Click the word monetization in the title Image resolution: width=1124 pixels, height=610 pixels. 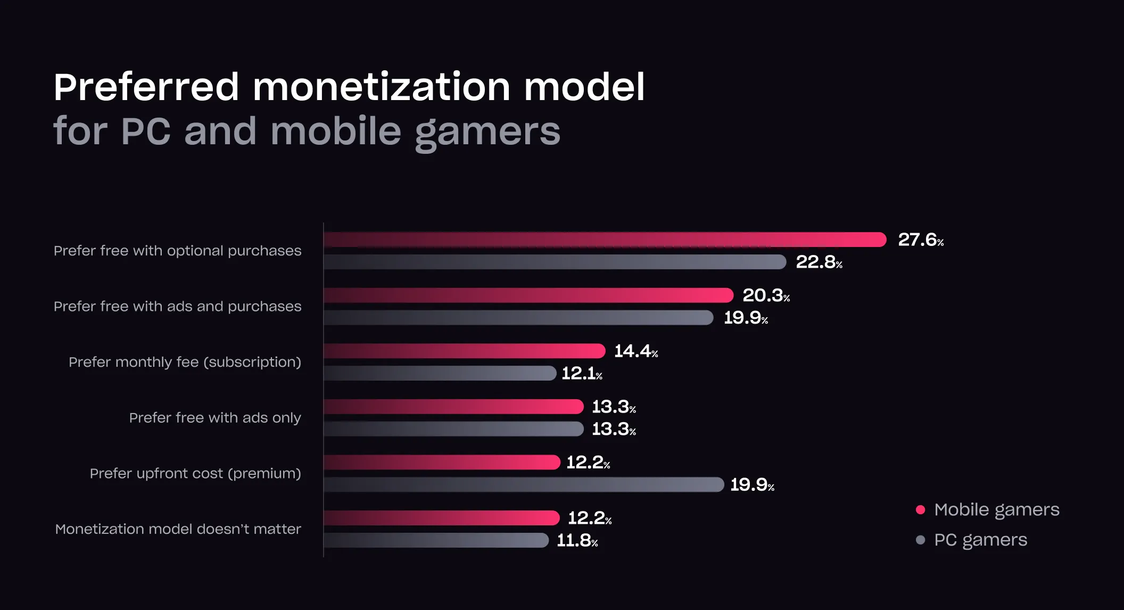(x=381, y=87)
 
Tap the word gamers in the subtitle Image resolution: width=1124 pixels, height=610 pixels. (x=487, y=132)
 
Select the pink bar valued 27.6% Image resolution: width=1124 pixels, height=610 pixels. (x=605, y=240)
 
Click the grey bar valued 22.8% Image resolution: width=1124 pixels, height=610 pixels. (x=555, y=262)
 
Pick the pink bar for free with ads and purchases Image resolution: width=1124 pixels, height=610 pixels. (x=528, y=295)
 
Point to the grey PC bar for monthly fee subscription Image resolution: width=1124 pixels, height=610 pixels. (x=440, y=373)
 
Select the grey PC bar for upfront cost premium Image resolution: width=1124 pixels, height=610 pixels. (x=524, y=484)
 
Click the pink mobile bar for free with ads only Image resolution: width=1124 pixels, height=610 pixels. (x=453, y=407)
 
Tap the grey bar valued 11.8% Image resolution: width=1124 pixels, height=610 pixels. (x=436, y=540)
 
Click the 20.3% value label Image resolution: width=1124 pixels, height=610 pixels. (x=766, y=295)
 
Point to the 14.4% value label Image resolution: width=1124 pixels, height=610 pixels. (x=636, y=351)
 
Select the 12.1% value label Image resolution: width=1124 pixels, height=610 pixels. (x=582, y=374)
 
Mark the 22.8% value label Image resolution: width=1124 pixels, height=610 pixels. (x=819, y=262)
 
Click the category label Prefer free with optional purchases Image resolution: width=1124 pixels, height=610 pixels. (x=177, y=251)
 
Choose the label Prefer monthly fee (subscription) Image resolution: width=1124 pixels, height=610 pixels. (x=185, y=362)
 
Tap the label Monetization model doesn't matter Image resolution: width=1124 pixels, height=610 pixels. (x=178, y=529)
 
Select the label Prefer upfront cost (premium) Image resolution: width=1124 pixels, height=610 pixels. (x=195, y=473)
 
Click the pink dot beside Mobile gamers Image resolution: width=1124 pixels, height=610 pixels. (x=920, y=510)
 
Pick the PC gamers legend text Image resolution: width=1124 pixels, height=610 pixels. (x=980, y=540)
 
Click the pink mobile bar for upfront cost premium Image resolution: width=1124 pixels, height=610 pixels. (x=442, y=463)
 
